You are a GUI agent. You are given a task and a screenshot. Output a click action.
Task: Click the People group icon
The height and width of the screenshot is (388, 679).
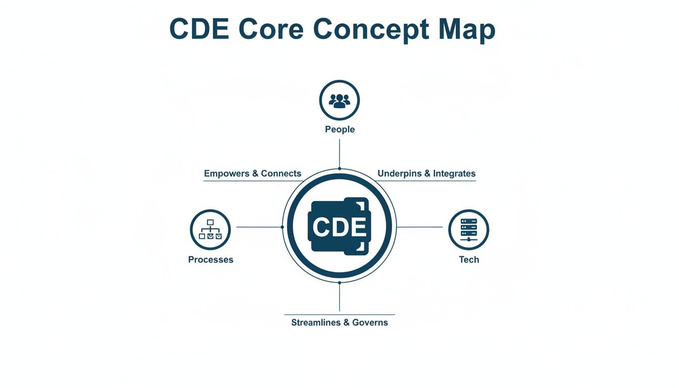click(x=339, y=100)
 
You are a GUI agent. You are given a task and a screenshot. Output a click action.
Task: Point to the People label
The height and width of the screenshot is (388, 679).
click(x=339, y=129)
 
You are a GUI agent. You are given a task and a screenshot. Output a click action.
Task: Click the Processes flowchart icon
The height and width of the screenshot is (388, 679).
click(x=210, y=230)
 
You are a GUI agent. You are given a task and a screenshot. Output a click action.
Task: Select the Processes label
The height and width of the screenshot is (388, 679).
click(x=211, y=260)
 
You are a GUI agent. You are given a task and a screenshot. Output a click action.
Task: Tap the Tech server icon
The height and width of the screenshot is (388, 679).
click(x=468, y=230)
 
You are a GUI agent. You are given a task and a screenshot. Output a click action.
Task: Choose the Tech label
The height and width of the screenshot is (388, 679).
click(x=468, y=260)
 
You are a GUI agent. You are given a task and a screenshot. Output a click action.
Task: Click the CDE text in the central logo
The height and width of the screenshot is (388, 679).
click(x=339, y=227)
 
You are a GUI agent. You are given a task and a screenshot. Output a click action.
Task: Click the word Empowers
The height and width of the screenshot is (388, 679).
click(x=226, y=174)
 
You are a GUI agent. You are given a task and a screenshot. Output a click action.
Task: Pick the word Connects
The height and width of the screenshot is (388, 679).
click(x=281, y=174)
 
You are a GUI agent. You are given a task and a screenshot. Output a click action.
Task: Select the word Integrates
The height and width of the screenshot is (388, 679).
click(x=454, y=174)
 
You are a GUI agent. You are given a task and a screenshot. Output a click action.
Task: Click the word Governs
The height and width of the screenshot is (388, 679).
click(x=370, y=322)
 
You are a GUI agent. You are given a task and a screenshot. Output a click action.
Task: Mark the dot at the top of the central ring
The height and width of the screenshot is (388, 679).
click(x=339, y=169)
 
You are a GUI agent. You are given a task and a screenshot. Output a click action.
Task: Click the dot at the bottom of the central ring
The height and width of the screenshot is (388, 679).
click(x=339, y=283)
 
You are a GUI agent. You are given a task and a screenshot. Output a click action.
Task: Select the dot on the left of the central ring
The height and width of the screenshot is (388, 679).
click(x=282, y=227)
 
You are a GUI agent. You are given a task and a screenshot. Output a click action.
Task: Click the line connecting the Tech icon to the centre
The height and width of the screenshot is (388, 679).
click(x=420, y=227)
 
